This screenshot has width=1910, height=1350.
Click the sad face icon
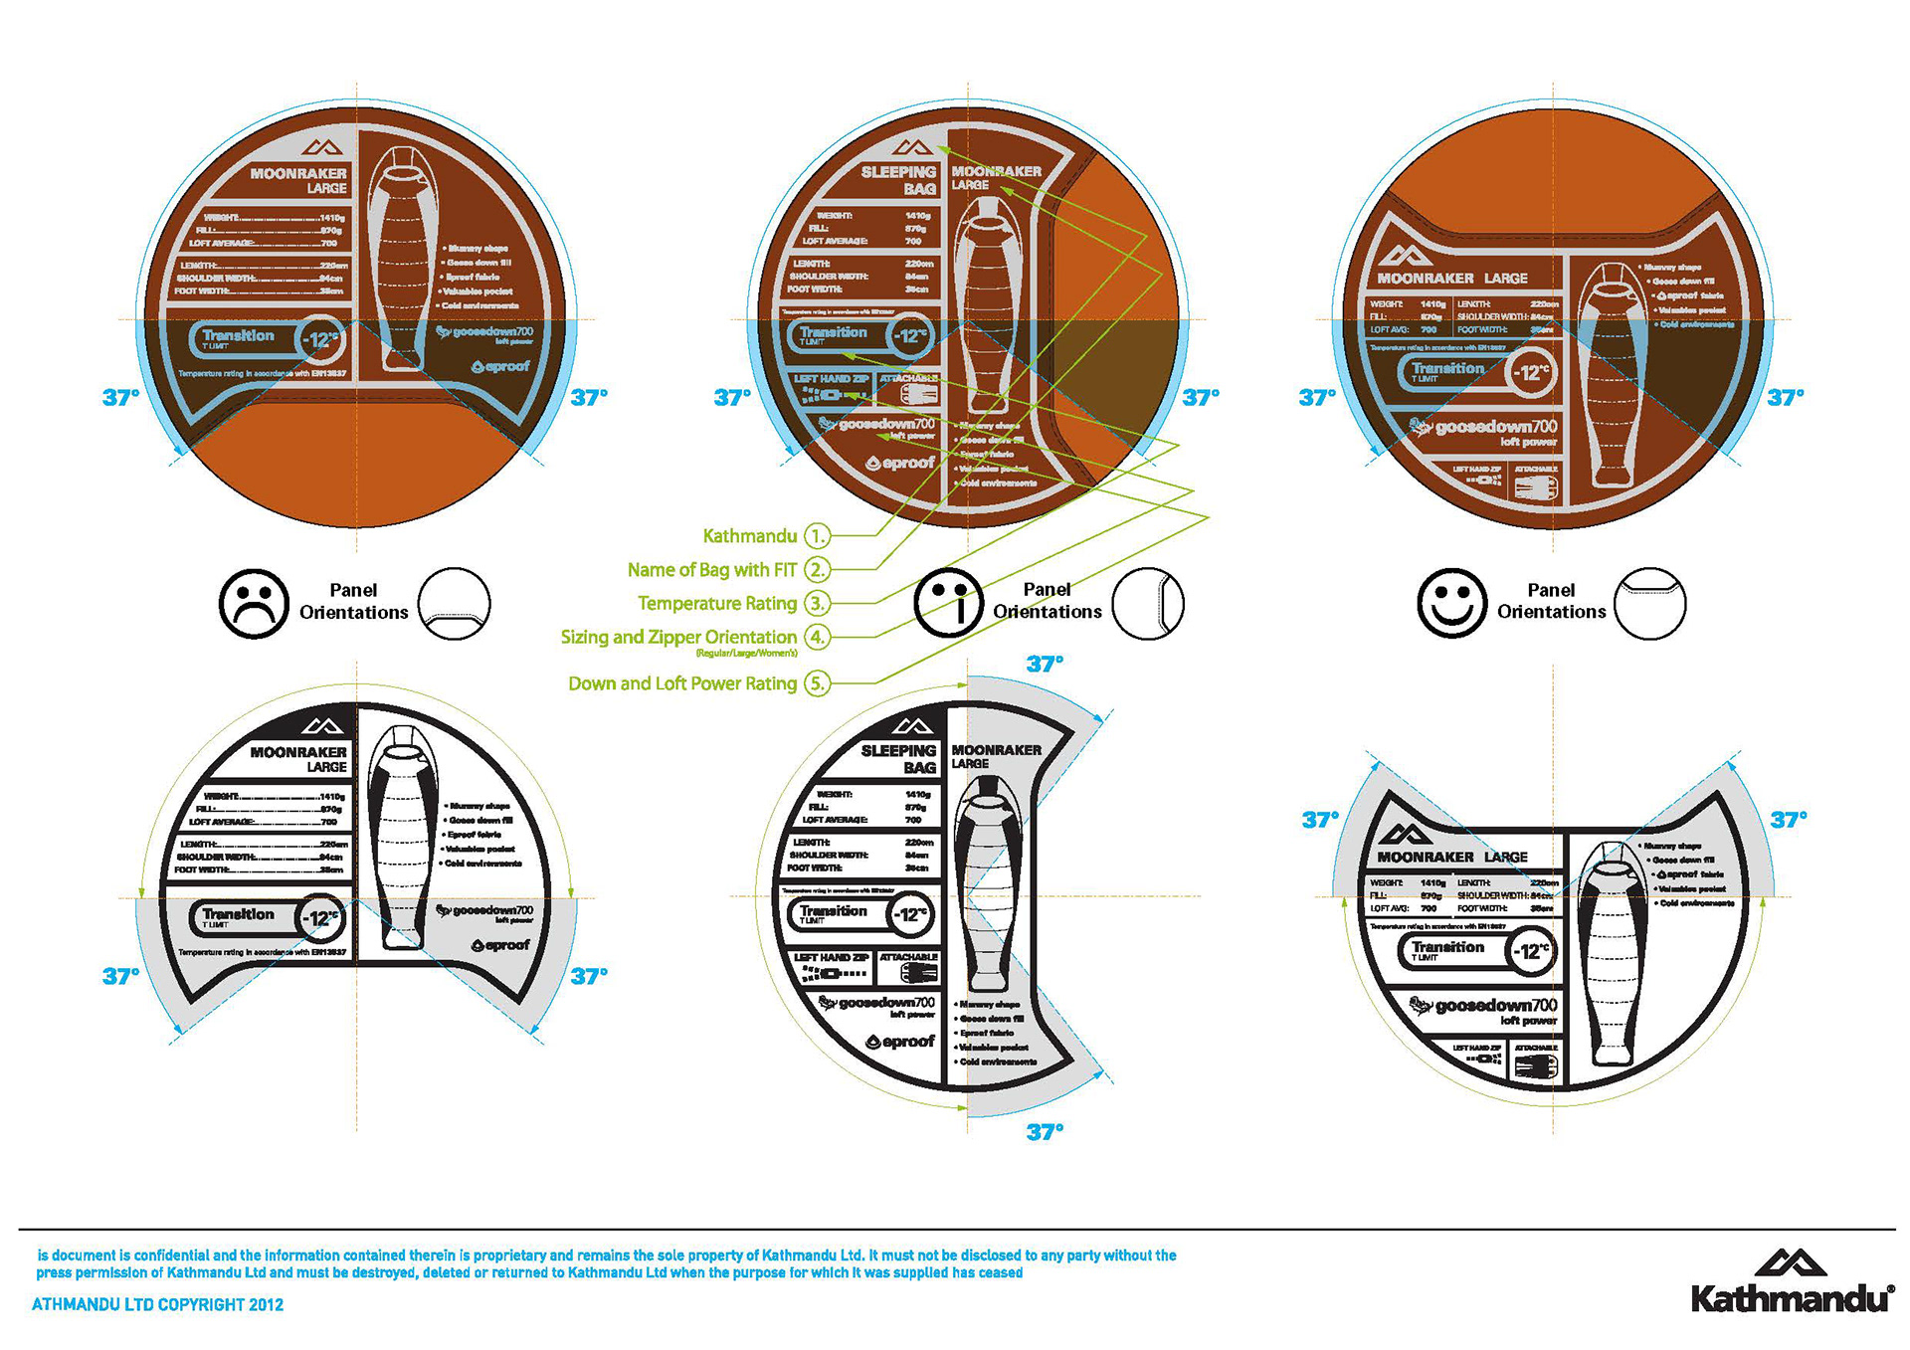pos(254,604)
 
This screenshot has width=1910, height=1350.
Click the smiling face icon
pos(1451,603)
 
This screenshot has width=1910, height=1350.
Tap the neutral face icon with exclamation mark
pos(948,603)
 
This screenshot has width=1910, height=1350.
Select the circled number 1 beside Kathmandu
pos(817,536)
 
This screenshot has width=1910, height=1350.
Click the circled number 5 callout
pos(817,683)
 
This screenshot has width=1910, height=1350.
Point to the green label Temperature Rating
pos(716,604)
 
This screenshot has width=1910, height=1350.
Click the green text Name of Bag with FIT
pos(711,570)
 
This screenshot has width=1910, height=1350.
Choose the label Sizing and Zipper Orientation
pos(678,637)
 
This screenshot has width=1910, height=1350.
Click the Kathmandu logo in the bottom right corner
pos(1792,1282)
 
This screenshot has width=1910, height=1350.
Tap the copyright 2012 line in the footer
pos(157,1304)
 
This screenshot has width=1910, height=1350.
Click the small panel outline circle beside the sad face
pos(454,604)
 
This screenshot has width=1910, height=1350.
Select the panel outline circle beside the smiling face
pos(1650,604)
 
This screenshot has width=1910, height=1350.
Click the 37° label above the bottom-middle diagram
pos(1045,664)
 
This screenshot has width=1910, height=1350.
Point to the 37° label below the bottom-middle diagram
pos(1045,1131)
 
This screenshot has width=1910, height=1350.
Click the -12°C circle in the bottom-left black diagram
pos(322,918)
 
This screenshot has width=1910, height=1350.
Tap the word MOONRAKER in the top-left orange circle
pos(298,173)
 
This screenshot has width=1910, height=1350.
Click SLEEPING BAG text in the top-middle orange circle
pos(898,180)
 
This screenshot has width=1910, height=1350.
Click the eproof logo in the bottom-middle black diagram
pos(900,1042)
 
